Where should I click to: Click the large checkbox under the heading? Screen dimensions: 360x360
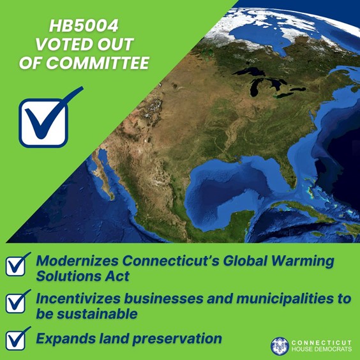[43, 121]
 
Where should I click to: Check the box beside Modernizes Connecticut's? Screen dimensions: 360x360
[16, 266]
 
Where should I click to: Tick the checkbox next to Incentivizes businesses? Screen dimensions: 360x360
[16, 302]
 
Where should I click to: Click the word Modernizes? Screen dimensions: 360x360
[79, 261]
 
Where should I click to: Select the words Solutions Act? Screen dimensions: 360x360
[82, 277]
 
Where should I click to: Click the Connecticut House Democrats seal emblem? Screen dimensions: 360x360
[280, 345]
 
